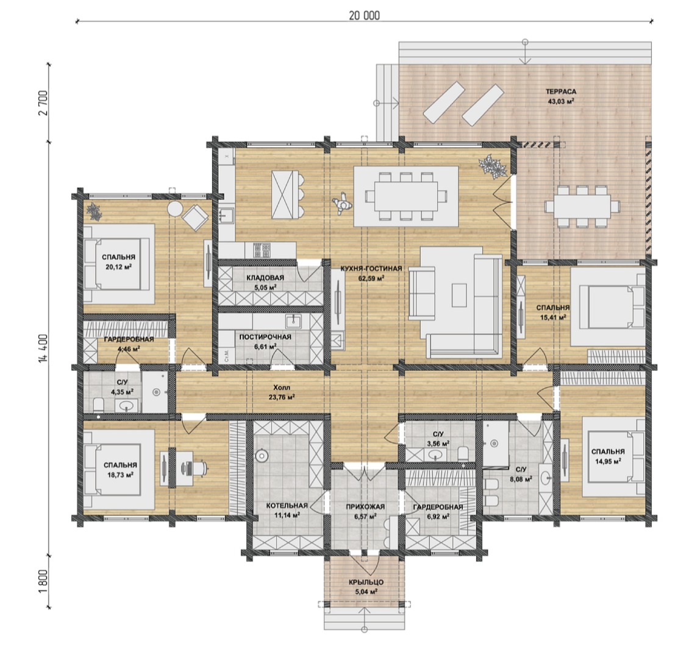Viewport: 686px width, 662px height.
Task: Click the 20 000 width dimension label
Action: pyautogui.click(x=364, y=15)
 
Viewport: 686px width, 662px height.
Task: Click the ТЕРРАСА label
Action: pyautogui.click(x=560, y=92)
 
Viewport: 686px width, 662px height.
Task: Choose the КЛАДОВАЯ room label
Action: pyautogui.click(x=265, y=278)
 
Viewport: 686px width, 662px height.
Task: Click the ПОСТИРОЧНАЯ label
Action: pyautogui.click(x=265, y=337)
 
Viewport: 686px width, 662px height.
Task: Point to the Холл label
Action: pyautogui.click(x=282, y=388)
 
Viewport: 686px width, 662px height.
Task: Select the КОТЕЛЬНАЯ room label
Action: pyautogui.click(x=287, y=506)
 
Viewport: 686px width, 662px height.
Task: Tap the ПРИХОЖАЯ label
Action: pyautogui.click(x=365, y=506)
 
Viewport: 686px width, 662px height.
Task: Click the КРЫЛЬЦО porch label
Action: pyautogui.click(x=366, y=582)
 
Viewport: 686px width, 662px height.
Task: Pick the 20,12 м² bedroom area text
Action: pyautogui.click(x=119, y=266)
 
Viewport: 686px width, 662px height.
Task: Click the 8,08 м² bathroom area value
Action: pyautogui.click(x=521, y=479)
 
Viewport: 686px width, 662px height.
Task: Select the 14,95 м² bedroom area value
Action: pyautogui.click(x=608, y=461)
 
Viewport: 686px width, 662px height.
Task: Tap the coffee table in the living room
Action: pyautogui.click(x=459, y=295)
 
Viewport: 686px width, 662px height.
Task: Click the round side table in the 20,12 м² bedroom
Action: pyautogui.click(x=176, y=209)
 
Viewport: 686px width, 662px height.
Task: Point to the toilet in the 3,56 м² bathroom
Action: pyautogui.click(x=463, y=453)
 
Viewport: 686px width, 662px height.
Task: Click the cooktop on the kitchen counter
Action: pyautogui.click(x=261, y=250)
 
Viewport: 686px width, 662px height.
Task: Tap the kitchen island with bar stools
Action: pyautogui.click(x=287, y=195)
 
